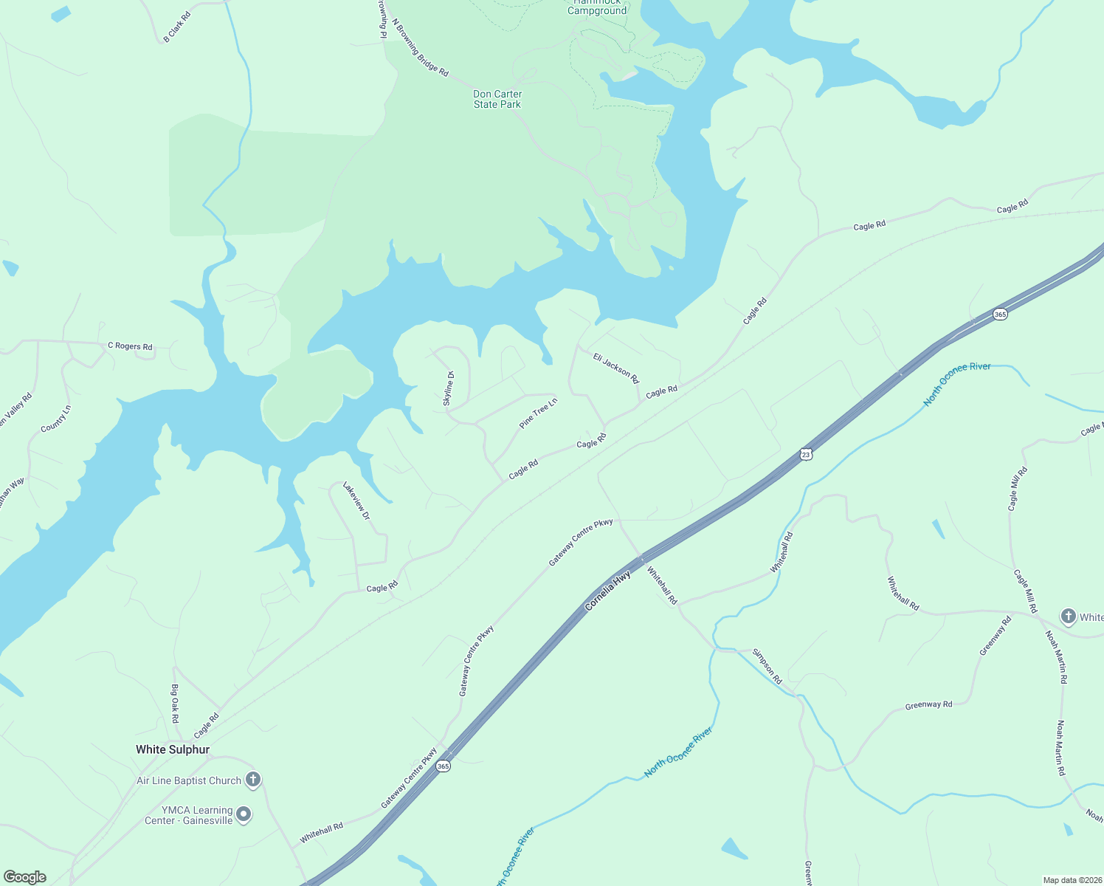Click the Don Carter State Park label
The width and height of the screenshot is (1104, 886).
[497, 99]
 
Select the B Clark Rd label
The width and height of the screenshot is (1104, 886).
[177, 27]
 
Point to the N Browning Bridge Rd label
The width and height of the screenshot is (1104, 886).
[420, 48]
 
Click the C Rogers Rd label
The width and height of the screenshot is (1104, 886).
[130, 346]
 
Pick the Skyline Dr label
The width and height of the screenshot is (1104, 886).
[449, 388]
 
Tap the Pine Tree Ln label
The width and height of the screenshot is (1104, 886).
[538, 413]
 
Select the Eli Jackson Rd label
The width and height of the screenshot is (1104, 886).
[615, 368]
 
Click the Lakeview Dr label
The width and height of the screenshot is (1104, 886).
[356, 501]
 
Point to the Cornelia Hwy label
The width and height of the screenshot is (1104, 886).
[607, 590]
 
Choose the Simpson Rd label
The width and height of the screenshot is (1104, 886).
[767, 666]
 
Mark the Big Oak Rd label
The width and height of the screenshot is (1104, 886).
[175, 703]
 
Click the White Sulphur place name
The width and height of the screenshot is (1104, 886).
[173, 749]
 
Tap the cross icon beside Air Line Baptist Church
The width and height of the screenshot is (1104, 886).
[253, 780]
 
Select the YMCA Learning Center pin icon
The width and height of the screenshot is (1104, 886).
[244, 815]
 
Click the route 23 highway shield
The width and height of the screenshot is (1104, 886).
[806, 455]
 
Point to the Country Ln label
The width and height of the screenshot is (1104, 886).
[56, 419]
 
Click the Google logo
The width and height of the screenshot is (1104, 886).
[24, 877]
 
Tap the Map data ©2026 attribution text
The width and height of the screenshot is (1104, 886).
[1071, 880]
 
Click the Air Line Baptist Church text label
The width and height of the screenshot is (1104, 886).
[189, 780]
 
